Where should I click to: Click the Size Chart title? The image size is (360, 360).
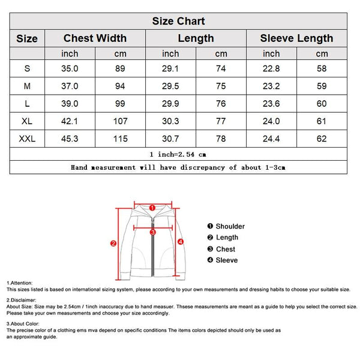point(178,22)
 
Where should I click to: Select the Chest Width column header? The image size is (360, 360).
point(95,38)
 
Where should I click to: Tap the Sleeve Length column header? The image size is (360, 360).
point(296,38)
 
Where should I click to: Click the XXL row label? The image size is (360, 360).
point(27,139)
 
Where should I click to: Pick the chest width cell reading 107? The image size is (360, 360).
point(121,121)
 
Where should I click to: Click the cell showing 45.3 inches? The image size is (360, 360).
point(70,139)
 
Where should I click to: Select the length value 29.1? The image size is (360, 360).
point(171,69)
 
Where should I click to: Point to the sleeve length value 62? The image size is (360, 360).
point(322,139)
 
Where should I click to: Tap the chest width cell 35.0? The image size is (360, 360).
point(70,69)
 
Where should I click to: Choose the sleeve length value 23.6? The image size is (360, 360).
point(271,104)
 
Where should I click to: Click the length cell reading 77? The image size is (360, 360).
point(221,121)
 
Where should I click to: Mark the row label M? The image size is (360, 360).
point(27,86)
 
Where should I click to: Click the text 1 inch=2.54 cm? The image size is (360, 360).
point(178,154)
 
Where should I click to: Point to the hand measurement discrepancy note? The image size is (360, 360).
point(178,167)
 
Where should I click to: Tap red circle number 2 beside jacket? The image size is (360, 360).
point(113,244)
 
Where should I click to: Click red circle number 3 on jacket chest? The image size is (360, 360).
point(152,231)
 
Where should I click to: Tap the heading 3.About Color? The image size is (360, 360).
point(23,324)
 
